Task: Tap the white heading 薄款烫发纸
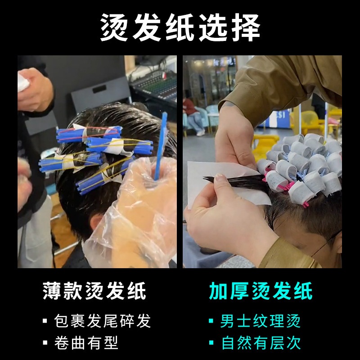tap(94, 291)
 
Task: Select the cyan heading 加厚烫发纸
tap(261, 291)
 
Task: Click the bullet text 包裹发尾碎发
tap(103, 320)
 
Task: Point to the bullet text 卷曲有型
tap(86, 343)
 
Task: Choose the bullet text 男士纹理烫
tap(260, 320)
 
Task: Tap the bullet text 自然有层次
tap(261, 343)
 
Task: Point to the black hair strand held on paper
tap(234, 181)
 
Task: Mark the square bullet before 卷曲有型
tap(45, 343)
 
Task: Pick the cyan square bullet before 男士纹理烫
tap(211, 320)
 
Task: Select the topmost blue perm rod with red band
tap(89, 134)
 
